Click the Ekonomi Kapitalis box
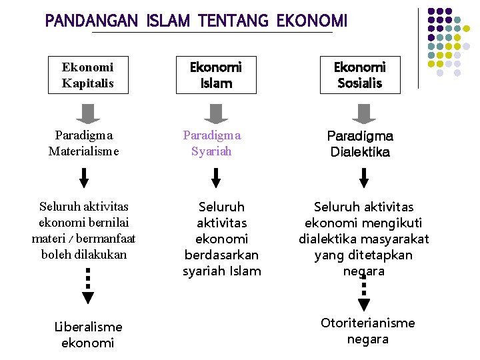coord(88,75)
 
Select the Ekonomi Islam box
coord(216,75)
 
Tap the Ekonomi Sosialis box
coord(359,75)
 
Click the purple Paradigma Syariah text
coord(212,143)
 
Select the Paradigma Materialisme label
coord(83,143)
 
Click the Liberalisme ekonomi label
coord(88,335)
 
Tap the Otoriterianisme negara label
coord(367,331)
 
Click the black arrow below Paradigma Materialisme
coord(84,178)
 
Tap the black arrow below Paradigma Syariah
coord(216,178)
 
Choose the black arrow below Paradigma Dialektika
coord(364,178)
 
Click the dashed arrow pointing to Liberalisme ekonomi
coord(88,287)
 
